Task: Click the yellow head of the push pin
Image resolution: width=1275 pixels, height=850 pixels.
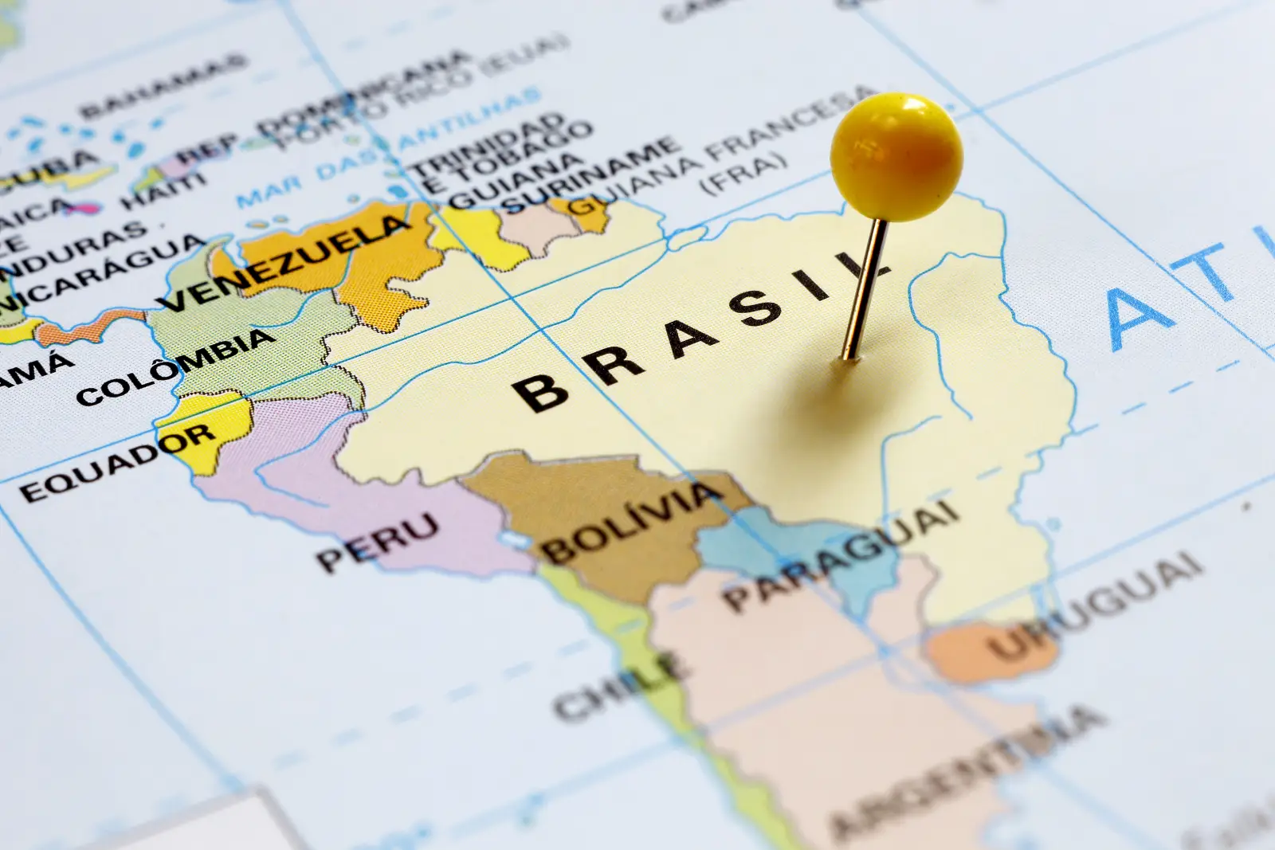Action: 896,157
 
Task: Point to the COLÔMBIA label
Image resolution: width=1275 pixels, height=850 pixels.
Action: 175,367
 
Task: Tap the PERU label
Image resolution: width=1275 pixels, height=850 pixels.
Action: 379,541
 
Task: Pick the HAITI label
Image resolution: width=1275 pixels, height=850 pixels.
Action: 163,192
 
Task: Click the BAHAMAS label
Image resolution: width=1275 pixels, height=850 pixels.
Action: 163,85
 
